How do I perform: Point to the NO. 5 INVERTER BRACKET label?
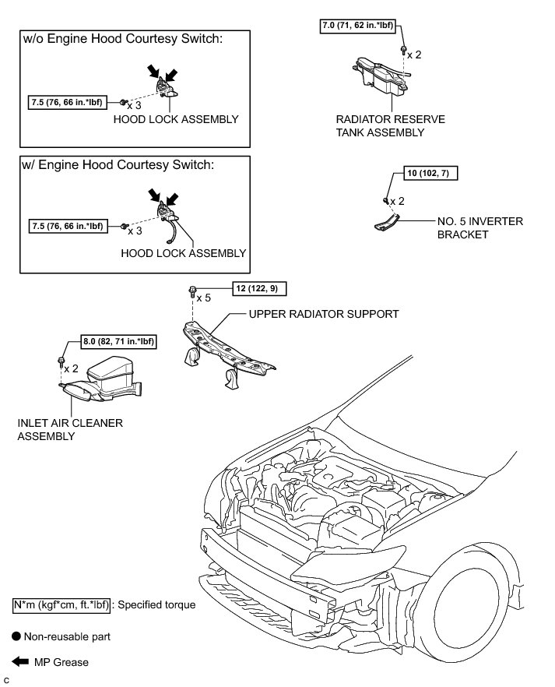[479, 227]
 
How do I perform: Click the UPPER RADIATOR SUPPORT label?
[323, 314]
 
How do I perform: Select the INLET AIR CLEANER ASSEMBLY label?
[69, 429]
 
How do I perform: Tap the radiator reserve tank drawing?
[381, 79]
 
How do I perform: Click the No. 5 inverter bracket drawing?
[388, 221]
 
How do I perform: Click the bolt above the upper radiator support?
[191, 292]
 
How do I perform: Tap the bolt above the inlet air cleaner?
[61, 361]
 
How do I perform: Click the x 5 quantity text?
[204, 298]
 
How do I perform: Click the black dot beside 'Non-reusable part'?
[16, 636]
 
